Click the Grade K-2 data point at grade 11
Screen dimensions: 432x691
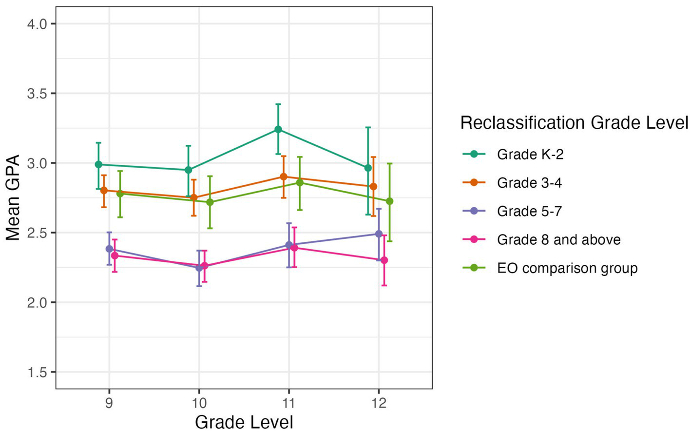pyautogui.click(x=278, y=129)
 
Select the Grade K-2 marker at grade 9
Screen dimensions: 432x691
pyautogui.click(x=98, y=164)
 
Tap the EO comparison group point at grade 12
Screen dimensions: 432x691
pyautogui.click(x=389, y=201)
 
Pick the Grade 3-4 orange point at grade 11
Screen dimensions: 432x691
pyautogui.click(x=284, y=177)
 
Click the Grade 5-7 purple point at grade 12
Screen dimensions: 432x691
pyautogui.click(x=379, y=234)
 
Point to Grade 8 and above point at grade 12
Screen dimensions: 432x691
pyautogui.click(x=384, y=260)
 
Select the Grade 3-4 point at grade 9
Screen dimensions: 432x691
pyautogui.click(x=104, y=190)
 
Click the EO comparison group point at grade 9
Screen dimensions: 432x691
pyautogui.click(x=120, y=194)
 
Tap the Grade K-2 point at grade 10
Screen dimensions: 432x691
pyautogui.click(x=188, y=170)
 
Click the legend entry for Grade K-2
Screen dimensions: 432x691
pyautogui.click(x=530, y=155)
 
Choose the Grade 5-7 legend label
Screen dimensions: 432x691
pyautogui.click(x=529, y=211)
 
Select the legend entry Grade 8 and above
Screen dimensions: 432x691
pyautogui.click(x=558, y=240)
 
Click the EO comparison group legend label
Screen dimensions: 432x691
pyautogui.click(x=567, y=268)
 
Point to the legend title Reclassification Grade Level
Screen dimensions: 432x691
pyautogui.click(x=574, y=122)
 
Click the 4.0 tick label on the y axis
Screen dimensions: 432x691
pyautogui.click(x=37, y=24)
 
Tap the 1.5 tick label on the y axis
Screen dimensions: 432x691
pyautogui.click(x=37, y=372)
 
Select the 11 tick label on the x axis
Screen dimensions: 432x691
pyautogui.click(x=289, y=403)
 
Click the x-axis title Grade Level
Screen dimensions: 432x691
pyautogui.click(x=244, y=422)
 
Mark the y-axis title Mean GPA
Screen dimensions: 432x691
pyautogui.click(x=13, y=197)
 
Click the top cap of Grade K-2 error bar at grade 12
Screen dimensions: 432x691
pyautogui.click(x=368, y=127)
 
